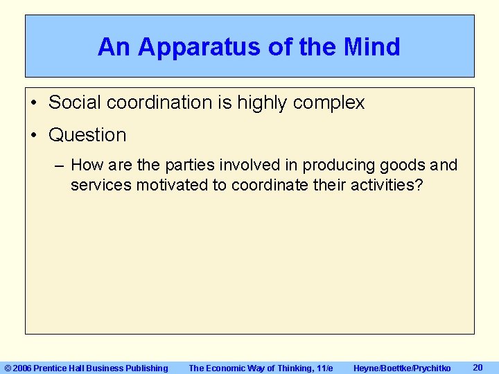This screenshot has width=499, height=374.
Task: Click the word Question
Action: point(87,135)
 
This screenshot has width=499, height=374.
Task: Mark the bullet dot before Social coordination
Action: point(34,103)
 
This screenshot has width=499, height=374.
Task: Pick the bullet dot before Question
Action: point(34,135)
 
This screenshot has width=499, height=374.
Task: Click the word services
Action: point(101,185)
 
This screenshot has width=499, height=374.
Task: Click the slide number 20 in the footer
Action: point(477,367)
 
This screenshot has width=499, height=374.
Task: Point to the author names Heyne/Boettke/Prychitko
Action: point(402,368)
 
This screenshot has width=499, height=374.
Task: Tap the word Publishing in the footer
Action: point(146,368)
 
